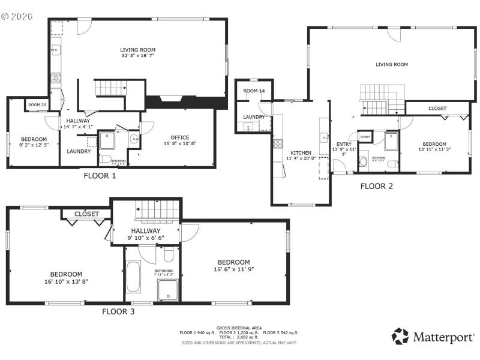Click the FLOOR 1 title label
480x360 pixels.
tap(99, 176)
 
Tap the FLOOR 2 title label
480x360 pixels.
tap(376, 186)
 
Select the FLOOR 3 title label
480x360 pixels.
tap(118, 311)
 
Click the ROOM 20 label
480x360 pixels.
tap(37, 105)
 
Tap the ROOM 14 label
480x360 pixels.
tap(254, 91)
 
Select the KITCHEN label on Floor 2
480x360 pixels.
tap(301, 152)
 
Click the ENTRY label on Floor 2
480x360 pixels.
tap(344, 144)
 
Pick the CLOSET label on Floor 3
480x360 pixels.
tap(87, 214)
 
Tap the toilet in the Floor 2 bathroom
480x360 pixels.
tap(364, 162)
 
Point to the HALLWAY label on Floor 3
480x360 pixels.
tap(145, 230)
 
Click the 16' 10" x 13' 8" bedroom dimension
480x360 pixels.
tap(67, 281)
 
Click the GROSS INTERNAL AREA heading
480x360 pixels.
tap(239, 328)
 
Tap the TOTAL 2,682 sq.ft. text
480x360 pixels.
tap(239, 337)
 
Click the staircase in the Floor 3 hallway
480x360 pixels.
tap(157, 211)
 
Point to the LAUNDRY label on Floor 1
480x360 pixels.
tap(79, 151)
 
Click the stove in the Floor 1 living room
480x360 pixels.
tap(56, 77)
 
